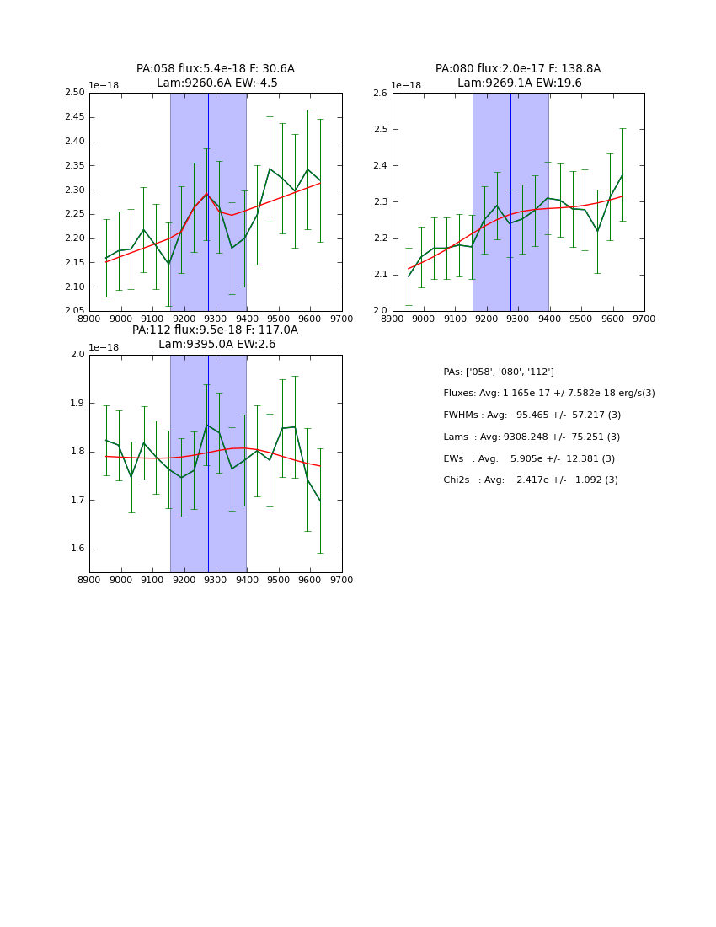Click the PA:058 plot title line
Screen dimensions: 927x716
tap(216, 69)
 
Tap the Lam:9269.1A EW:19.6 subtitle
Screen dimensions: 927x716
tap(519, 83)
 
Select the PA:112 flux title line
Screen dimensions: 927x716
tap(216, 330)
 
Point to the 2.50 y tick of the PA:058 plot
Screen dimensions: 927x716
tap(75, 93)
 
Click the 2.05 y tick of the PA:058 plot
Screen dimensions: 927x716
tap(75, 311)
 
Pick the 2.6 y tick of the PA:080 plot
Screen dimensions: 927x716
tap(379, 93)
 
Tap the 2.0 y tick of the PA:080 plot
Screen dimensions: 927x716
tap(379, 311)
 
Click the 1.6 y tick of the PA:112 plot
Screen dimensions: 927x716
tap(77, 549)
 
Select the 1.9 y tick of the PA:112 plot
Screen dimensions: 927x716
tap(77, 403)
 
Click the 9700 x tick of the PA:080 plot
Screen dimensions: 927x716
tap(644, 319)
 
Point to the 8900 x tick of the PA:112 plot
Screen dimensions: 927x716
tap(89, 580)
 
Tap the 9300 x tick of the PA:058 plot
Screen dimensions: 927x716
tap(216, 319)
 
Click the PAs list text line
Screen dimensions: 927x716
tap(499, 372)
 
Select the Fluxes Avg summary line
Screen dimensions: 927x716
tap(548, 394)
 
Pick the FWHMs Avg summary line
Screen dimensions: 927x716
tap(532, 415)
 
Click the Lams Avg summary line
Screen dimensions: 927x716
tap(532, 437)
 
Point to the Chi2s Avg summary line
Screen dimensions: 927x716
tap(531, 480)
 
